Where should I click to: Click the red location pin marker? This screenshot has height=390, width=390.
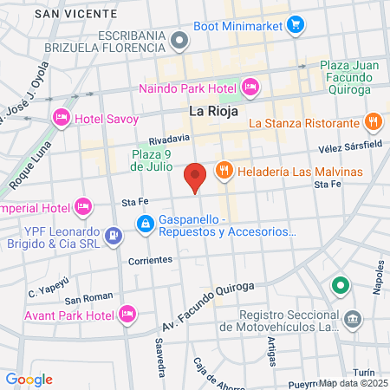[x=196, y=177]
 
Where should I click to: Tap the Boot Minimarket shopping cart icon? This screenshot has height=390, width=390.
[x=296, y=24]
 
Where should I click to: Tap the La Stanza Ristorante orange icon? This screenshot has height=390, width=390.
[x=374, y=122]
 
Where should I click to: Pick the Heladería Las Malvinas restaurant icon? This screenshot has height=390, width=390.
[x=224, y=170]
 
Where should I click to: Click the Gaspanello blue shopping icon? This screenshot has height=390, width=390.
[x=146, y=225]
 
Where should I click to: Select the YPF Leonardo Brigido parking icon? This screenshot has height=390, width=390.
[x=113, y=235]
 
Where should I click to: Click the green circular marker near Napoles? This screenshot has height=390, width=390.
[x=340, y=285]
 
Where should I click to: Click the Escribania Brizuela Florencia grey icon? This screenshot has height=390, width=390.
[x=179, y=40]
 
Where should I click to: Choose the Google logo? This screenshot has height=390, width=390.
[x=29, y=379]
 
